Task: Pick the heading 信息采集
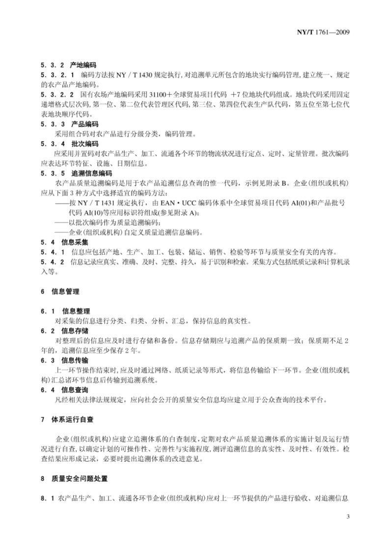click(x=74, y=242)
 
